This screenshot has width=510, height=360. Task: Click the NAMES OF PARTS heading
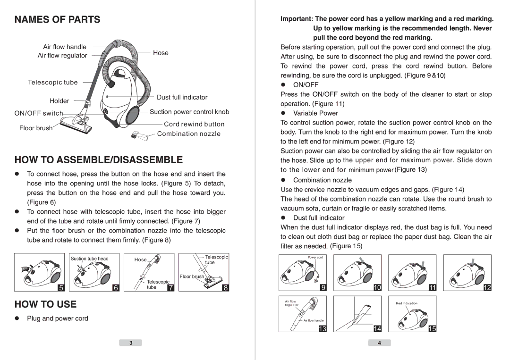[x=57, y=19]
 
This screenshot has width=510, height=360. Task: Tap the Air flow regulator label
[x=62, y=56]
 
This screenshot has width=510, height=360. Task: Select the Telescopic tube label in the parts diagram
[x=52, y=82]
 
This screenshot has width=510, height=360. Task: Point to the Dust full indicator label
[x=182, y=97]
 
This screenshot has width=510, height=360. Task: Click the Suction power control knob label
[x=189, y=112]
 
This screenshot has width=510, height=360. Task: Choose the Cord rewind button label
[x=194, y=124]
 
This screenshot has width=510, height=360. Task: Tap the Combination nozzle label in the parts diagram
[x=189, y=134]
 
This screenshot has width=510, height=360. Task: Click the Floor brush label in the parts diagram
[x=36, y=128]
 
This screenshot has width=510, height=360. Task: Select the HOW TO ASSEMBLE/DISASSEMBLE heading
[x=98, y=159]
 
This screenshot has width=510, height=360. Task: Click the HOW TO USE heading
[x=45, y=304]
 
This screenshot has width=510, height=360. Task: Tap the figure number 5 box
[x=60, y=287]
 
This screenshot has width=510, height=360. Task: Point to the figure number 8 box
[x=225, y=287]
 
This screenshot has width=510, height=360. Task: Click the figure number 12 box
[x=487, y=287]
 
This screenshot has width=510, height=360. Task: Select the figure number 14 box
[x=377, y=328]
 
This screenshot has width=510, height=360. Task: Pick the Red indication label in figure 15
[x=406, y=303]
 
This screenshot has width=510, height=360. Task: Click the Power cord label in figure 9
[x=315, y=258]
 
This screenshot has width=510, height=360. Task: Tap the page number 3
[x=131, y=343]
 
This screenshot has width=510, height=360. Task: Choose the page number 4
[x=380, y=343]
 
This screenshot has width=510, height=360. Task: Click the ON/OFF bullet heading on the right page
[x=306, y=85]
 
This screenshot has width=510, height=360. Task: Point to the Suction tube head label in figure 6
[x=89, y=259]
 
